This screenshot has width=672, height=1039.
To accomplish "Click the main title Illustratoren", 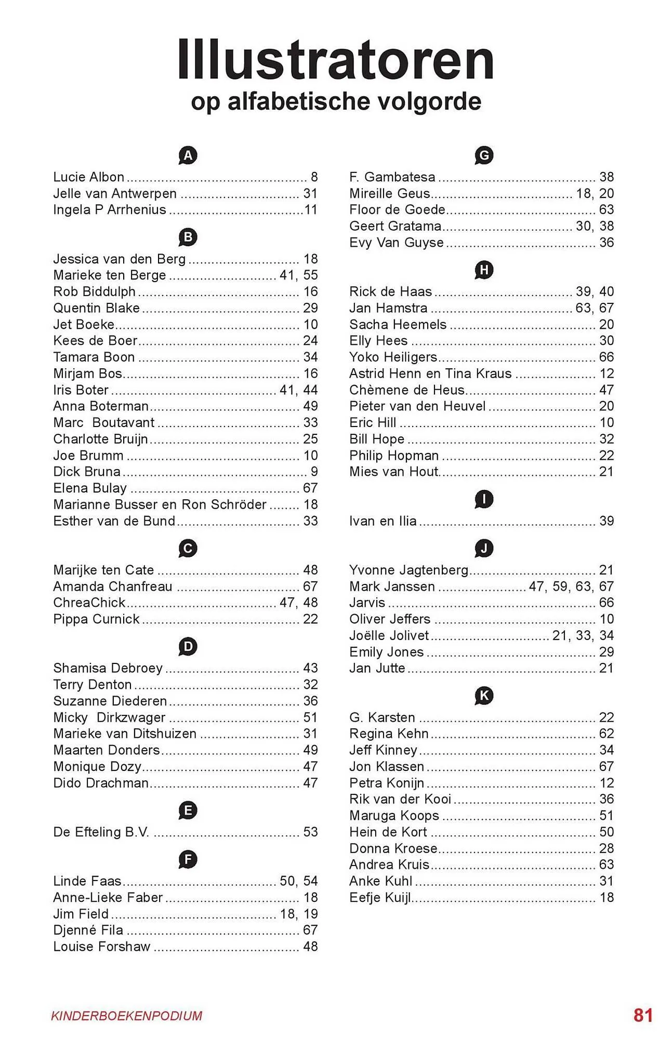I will pos(336,60).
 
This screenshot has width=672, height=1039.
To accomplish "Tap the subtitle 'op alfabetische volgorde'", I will pos(336,101).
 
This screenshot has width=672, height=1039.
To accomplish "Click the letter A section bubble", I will pos(188,155).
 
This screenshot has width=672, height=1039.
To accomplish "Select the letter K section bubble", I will pos(484,696).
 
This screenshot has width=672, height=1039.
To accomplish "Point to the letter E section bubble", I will pos(188,810).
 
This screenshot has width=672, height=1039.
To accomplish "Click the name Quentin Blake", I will pos(96,308).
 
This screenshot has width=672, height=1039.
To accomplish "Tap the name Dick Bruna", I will pos(87,472).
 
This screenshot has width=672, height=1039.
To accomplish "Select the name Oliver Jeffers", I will pos(390,619).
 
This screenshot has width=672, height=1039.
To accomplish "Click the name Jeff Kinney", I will pos(383,750).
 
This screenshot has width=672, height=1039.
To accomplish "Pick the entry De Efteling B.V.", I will pos(101,832).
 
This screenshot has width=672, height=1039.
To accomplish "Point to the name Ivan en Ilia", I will pos(383,521).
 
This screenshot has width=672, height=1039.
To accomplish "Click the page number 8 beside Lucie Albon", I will pos(314,177).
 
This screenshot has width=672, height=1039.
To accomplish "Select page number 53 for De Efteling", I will pos(310,832).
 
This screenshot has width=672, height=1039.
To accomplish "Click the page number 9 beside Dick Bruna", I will pos(314,472).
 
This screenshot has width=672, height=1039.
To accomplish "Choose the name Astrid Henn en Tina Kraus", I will pos(430,374).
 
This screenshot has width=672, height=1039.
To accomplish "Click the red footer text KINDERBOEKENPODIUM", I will pos(127,1016).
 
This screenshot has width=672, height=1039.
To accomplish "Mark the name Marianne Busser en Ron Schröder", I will pos(160,504).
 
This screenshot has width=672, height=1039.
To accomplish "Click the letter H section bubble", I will pos(484,270).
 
